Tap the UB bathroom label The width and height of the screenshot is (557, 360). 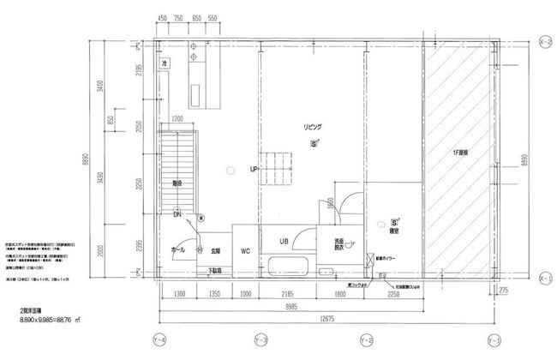(283, 242)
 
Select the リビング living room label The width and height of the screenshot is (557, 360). (314, 127)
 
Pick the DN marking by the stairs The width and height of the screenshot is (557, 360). (177, 214)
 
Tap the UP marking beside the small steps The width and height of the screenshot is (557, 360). (254, 168)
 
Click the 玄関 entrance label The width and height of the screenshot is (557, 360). (216, 251)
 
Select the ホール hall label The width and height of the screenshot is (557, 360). (178, 249)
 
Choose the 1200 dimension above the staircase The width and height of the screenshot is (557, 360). (178, 119)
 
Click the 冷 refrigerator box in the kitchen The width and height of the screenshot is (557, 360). (164, 63)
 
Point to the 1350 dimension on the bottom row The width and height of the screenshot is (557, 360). (215, 293)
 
